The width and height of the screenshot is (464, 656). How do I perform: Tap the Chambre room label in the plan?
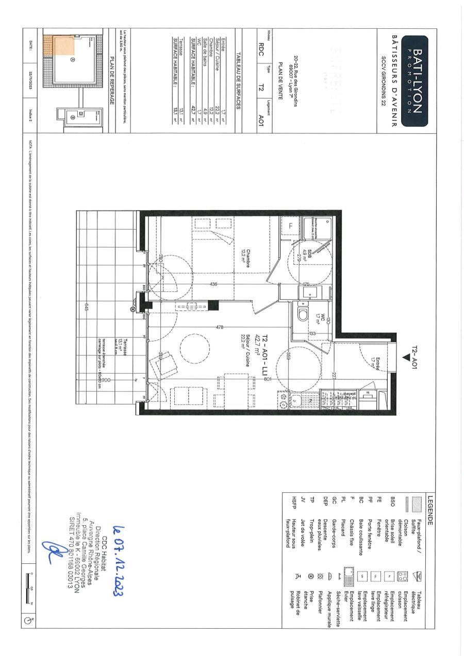pos(243,256)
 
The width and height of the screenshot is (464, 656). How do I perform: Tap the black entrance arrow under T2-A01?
pos(406,356)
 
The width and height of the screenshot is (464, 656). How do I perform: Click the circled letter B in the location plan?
pos(71,117)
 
